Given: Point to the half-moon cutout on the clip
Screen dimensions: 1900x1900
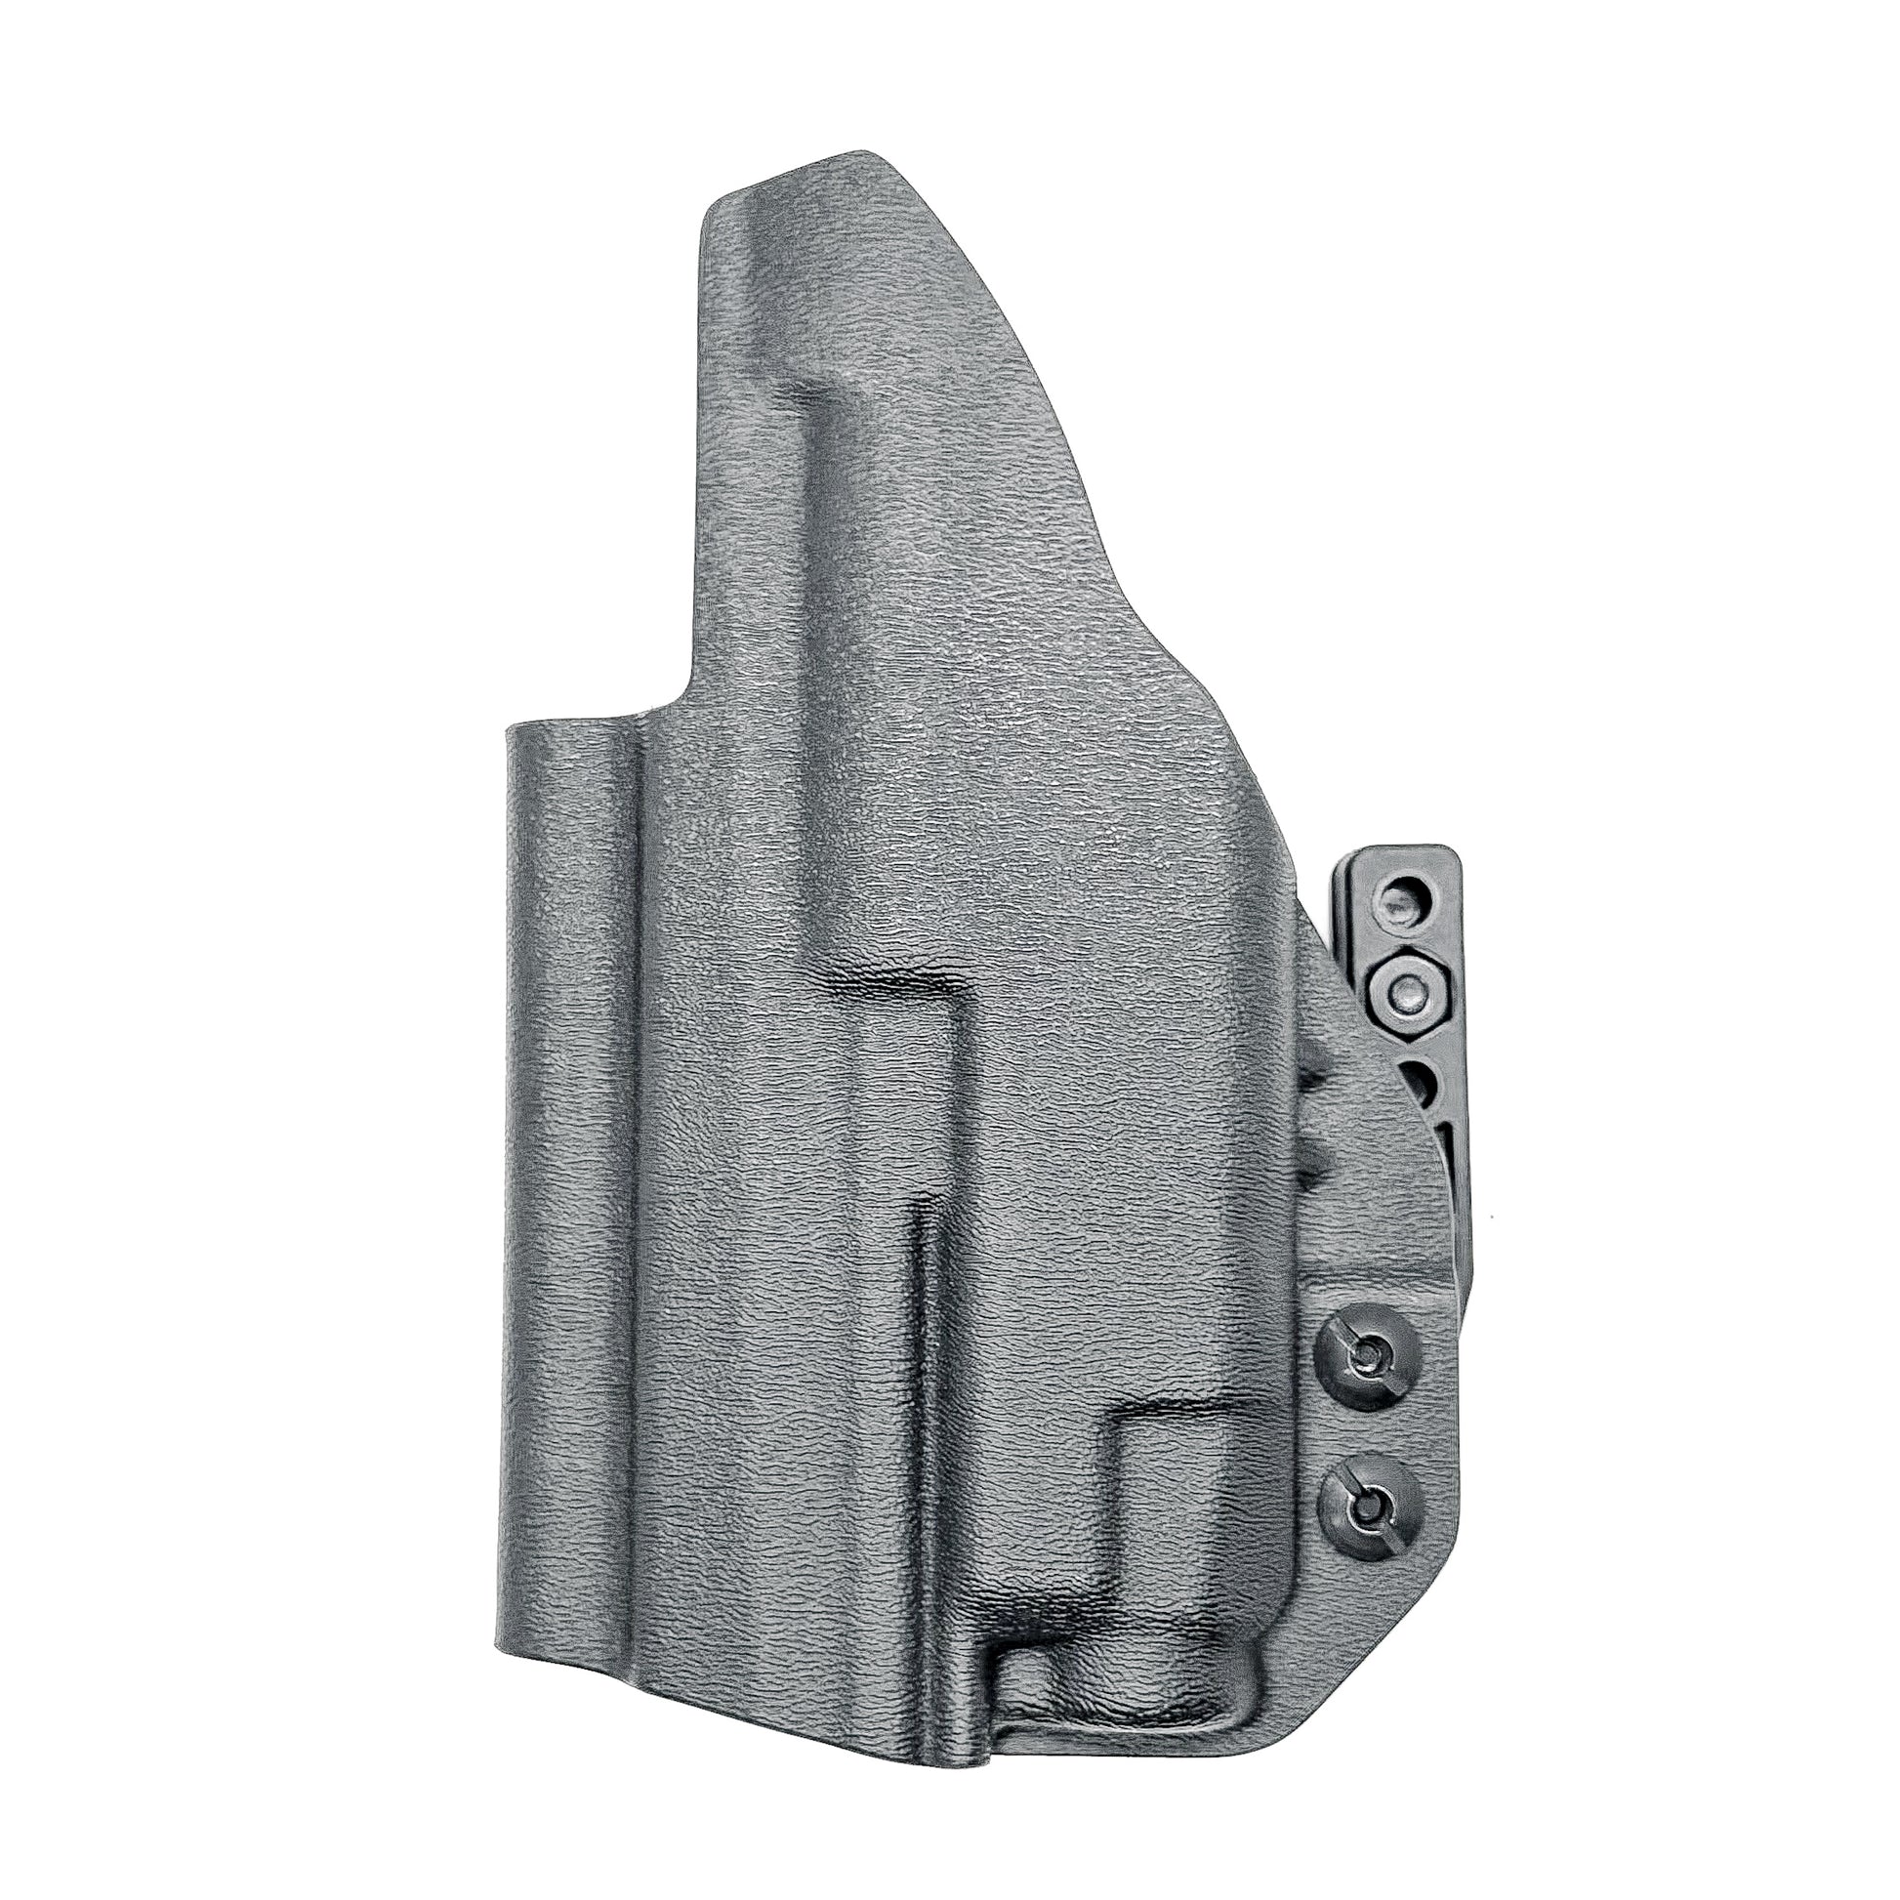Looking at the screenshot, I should click(1422, 1084).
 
